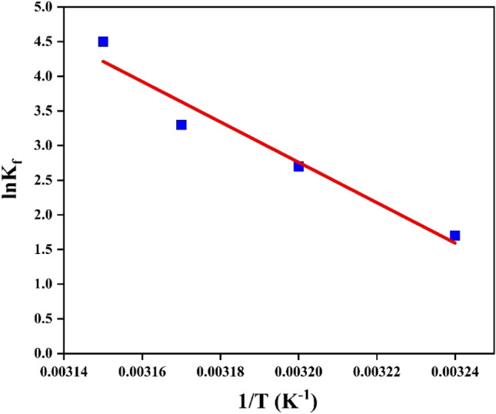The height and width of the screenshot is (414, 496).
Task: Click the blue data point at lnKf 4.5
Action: tap(103, 42)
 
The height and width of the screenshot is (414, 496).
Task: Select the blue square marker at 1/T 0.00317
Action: tap(181, 125)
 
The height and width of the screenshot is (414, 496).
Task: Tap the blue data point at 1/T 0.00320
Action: tap(298, 166)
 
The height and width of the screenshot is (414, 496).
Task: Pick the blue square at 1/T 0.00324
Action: tap(454, 235)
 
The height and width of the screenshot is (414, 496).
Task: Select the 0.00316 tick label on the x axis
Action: tap(142, 370)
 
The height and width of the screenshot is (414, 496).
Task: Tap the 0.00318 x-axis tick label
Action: tap(221, 370)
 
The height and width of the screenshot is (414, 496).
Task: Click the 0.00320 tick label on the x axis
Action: tap(298, 370)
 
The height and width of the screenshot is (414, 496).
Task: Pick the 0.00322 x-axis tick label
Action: tap(377, 370)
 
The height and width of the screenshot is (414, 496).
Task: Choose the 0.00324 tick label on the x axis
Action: tap(454, 370)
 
